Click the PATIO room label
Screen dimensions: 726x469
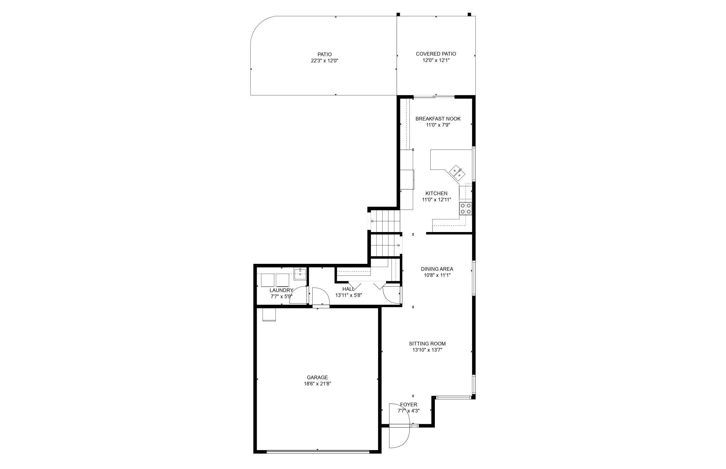pyautogui.click(x=324, y=54)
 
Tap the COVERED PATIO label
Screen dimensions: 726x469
pyautogui.click(x=436, y=54)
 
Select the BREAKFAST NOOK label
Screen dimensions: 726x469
pyautogui.click(x=438, y=119)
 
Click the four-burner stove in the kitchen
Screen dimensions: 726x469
pyautogui.click(x=466, y=208)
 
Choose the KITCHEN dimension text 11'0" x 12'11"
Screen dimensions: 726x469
pyautogui.click(x=437, y=200)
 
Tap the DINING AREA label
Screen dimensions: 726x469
pyautogui.click(x=437, y=269)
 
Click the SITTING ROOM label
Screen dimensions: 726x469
pyautogui.click(x=427, y=344)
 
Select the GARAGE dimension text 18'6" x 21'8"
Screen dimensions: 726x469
pyautogui.click(x=317, y=384)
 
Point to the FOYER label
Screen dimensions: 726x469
pyautogui.click(x=409, y=405)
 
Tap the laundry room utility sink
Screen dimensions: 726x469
pyautogui.click(x=300, y=274)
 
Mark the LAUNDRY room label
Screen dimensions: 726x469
pyautogui.click(x=281, y=290)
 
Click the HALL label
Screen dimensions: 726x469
pyautogui.click(x=348, y=289)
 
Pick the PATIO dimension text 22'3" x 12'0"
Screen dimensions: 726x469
pyautogui.click(x=325, y=60)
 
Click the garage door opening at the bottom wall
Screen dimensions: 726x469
pyautogui.click(x=318, y=452)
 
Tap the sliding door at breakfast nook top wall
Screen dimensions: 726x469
pyautogui.click(x=434, y=96)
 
